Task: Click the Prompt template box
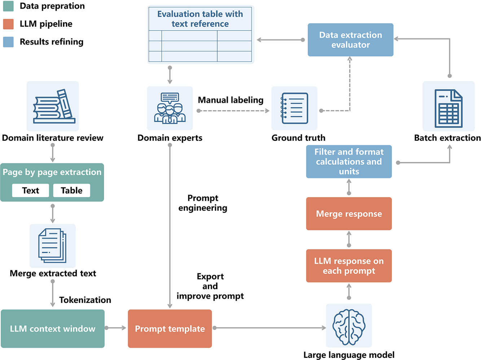click(x=170, y=329)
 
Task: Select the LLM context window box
click(x=53, y=329)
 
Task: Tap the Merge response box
click(x=349, y=214)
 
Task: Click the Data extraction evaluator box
click(x=350, y=40)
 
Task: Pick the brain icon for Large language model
click(x=349, y=326)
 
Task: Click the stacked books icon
click(x=53, y=106)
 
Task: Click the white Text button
click(x=31, y=190)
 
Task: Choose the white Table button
click(x=71, y=190)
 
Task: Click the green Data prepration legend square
click(x=8, y=6)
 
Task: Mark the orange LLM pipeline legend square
click(x=8, y=24)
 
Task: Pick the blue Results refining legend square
click(x=8, y=42)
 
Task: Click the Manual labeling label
click(x=231, y=100)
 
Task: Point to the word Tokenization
click(x=85, y=300)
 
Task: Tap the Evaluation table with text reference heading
click(x=200, y=19)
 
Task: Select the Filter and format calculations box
click(x=349, y=161)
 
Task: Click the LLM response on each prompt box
click(x=349, y=266)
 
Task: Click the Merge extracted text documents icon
click(x=53, y=246)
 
